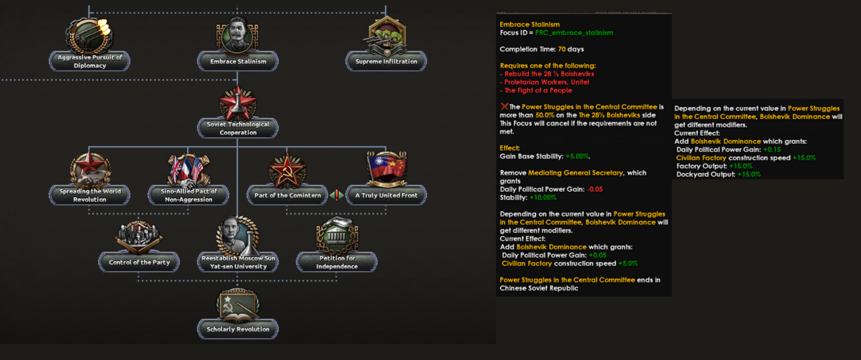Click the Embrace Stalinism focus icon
pyautogui.click(x=237, y=35)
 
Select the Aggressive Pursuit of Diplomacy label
pyautogui.click(x=90, y=62)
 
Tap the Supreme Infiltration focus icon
pyautogui.click(x=386, y=35)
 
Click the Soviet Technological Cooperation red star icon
pyautogui.click(x=237, y=102)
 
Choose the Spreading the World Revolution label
pyautogui.click(x=90, y=195)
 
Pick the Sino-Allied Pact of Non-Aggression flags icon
pyautogui.click(x=188, y=170)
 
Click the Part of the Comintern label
pyautogui.click(x=287, y=195)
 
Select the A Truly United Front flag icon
pyautogui.click(x=386, y=169)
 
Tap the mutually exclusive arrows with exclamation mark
pyautogui.click(x=337, y=195)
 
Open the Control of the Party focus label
pyautogui.click(x=139, y=262)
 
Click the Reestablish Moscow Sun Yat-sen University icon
pyautogui.click(x=237, y=235)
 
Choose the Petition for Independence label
pyautogui.click(x=337, y=262)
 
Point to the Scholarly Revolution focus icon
pyautogui.click(x=237, y=305)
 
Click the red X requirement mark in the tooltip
pyautogui.click(x=504, y=106)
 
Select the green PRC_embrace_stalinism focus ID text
pyautogui.click(x=574, y=32)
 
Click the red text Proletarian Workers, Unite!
pyautogui.click(x=547, y=82)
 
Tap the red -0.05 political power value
pyautogui.click(x=595, y=189)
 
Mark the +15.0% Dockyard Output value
pyautogui.click(x=749, y=174)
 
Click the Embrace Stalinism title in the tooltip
pyautogui.click(x=530, y=24)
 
